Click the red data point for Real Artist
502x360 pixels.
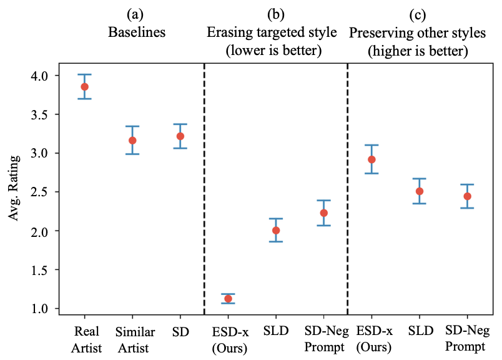[x=84, y=87]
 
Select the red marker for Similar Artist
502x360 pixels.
[x=132, y=140]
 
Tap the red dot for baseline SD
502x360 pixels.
[x=180, y=136]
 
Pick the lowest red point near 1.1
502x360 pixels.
[x=228, y=299]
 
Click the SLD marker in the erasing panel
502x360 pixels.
[x=276, y=230]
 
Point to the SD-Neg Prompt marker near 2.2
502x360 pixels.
[x=323, y=213]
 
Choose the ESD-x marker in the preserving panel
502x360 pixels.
[x=372, y=159]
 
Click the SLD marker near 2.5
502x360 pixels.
[x=420, y=191]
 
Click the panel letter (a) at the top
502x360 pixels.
[x=132, y=14]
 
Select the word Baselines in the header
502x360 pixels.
[x=132, y=32]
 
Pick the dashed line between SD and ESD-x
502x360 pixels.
[x=204, y=187]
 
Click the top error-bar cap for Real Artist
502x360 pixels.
[x=84, y=74]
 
